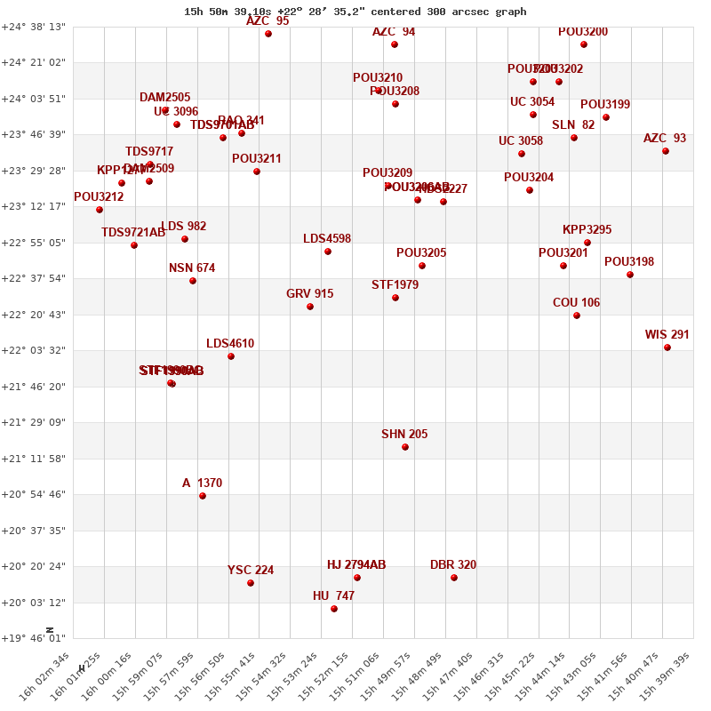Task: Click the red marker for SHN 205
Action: click(405, 447)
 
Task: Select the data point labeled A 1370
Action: click(203, 496)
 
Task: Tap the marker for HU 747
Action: click(334, 609)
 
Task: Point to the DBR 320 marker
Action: click(454, 578)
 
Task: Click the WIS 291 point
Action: click(667, 348)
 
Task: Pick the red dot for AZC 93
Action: click(666, 151)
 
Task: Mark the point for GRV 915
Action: click(310, 307)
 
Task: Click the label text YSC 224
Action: click(251, 571)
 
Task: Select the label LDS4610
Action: click(230, 344)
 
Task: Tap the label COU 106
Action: click(576, 303)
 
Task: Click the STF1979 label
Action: click(395, 285)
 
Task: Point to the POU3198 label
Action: click(629, 262)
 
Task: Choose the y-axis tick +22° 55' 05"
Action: click(34, 243)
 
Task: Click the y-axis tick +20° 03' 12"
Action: click(34, 603)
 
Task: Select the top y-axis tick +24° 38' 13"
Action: click(34, 27)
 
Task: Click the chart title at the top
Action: click(355, 12)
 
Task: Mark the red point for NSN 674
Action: click(193, 281)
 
